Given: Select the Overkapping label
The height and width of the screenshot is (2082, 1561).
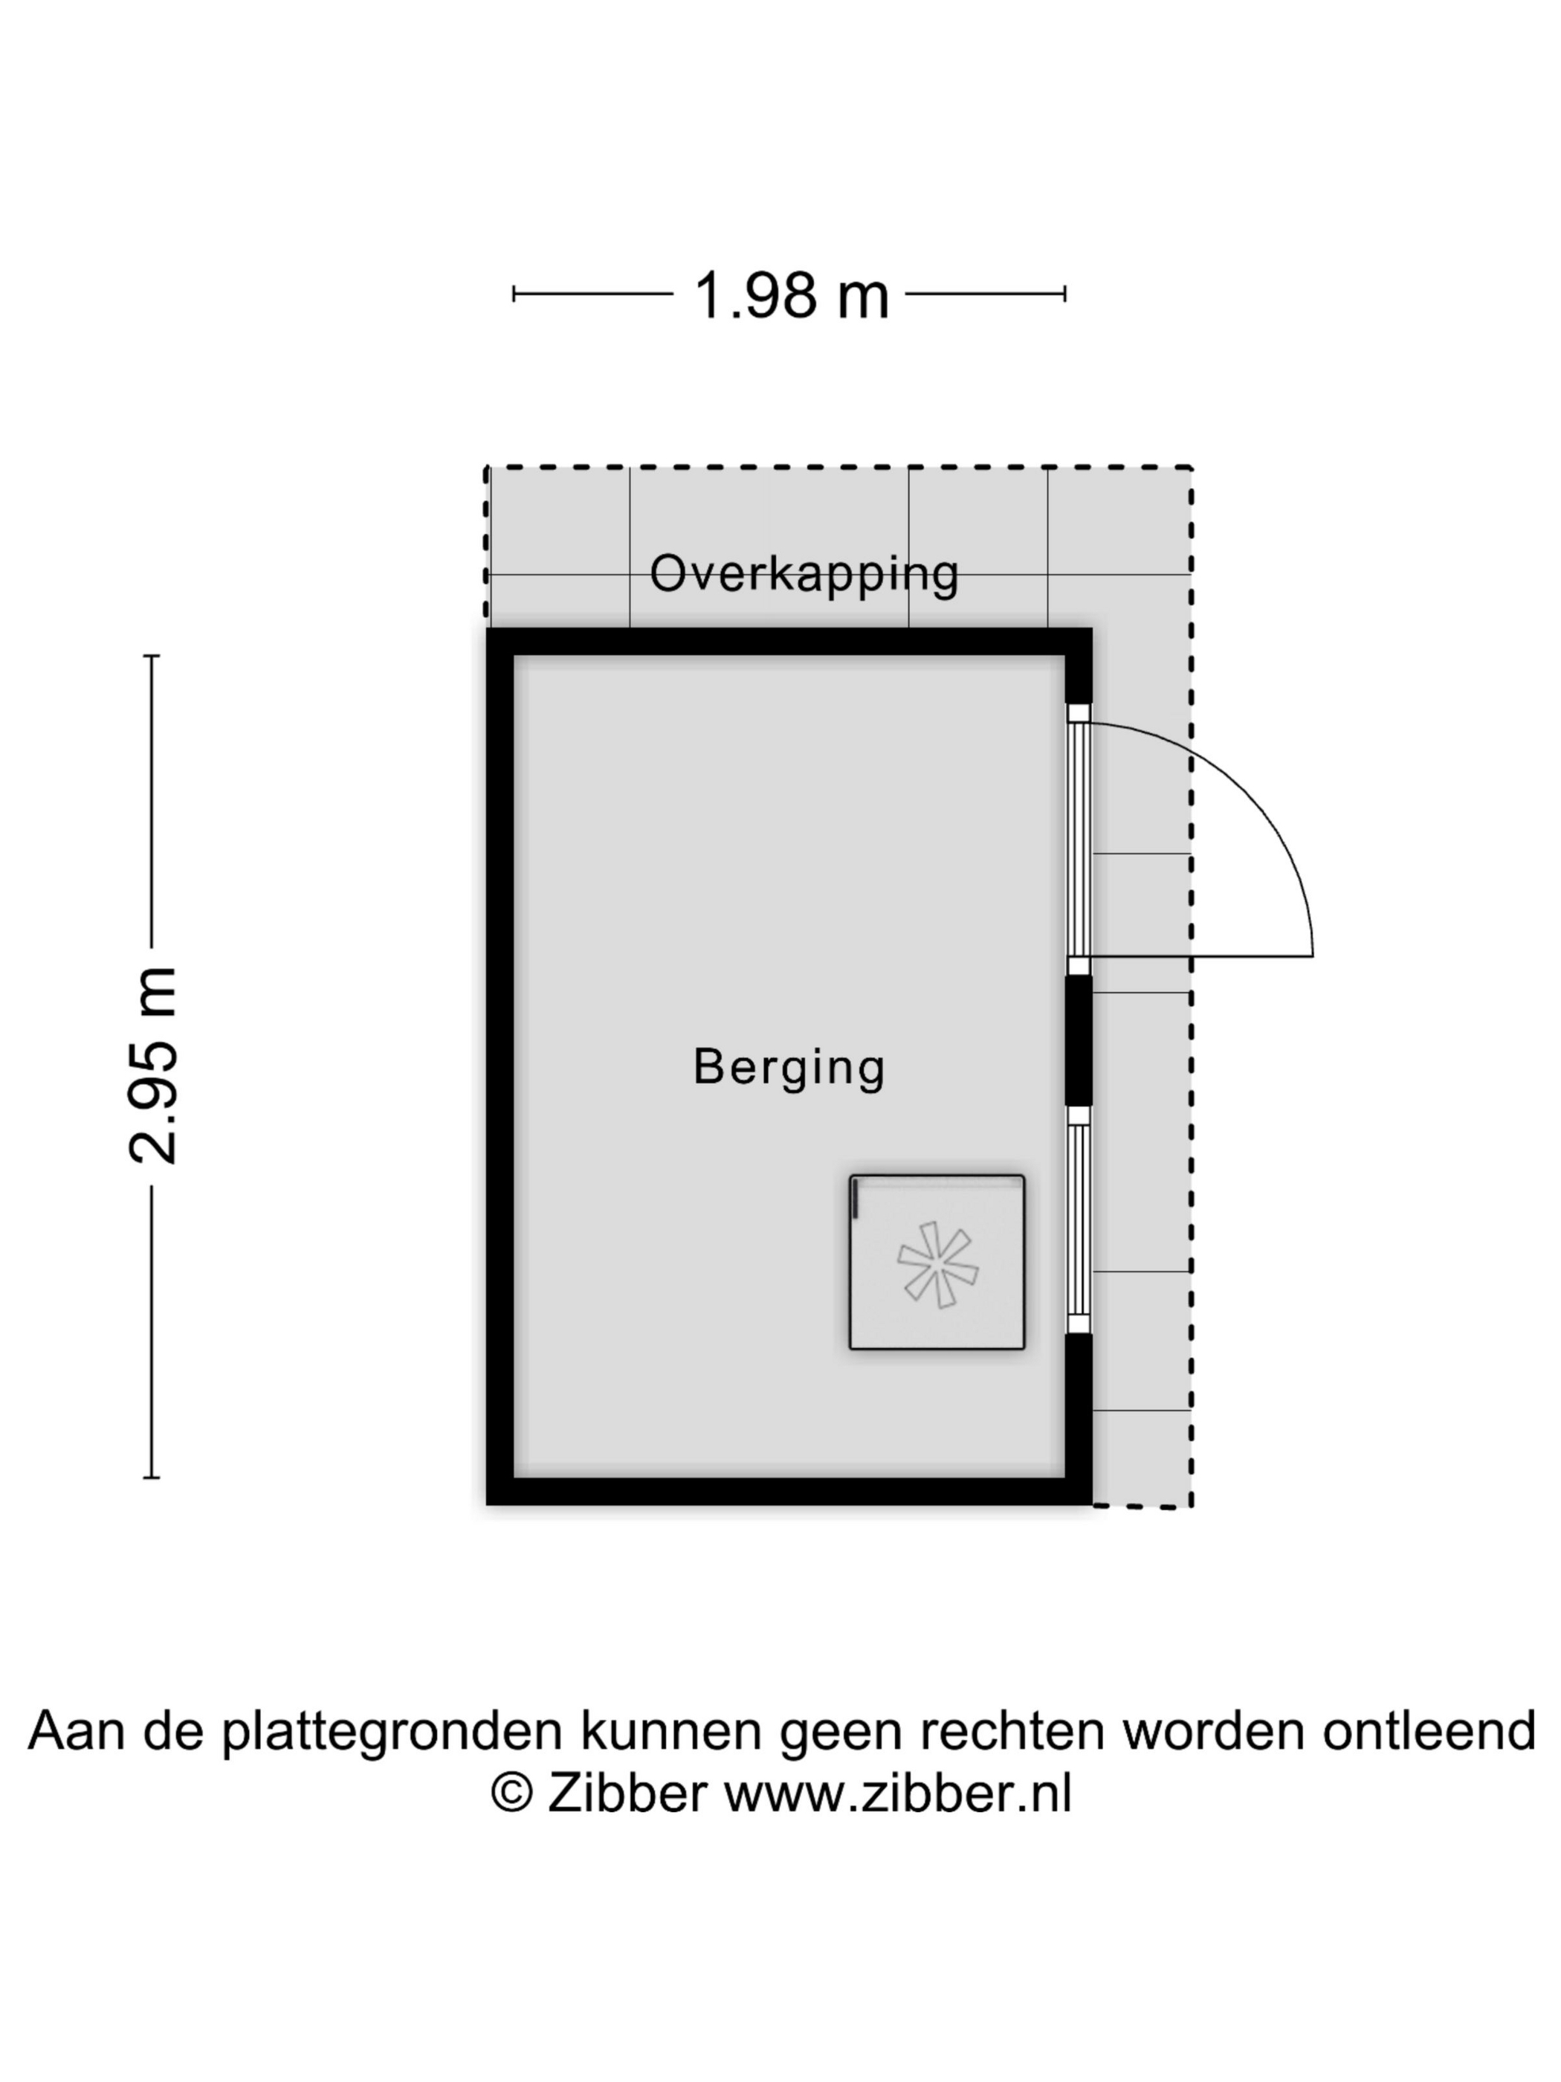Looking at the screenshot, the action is (804, 573).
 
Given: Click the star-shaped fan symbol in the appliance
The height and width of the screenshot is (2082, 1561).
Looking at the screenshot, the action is (937, 1264).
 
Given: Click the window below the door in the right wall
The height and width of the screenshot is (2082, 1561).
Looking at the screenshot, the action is (1079, 1220).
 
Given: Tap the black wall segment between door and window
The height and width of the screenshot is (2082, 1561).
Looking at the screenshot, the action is (1079, 1041).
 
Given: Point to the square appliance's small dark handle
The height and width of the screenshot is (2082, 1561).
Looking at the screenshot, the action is (856, 1199).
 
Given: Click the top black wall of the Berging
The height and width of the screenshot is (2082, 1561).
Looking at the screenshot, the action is (789, 642).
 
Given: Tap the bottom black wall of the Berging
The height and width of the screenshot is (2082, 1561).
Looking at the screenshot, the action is (789, 1491).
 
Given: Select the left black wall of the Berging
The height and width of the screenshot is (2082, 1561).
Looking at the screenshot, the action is (500, 1066).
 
